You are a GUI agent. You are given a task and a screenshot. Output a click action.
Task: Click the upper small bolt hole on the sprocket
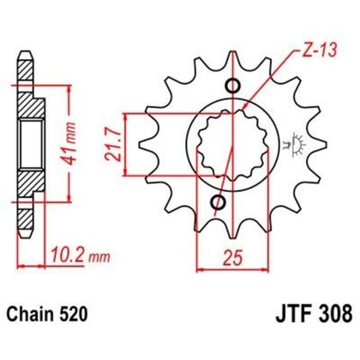[231, 85]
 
